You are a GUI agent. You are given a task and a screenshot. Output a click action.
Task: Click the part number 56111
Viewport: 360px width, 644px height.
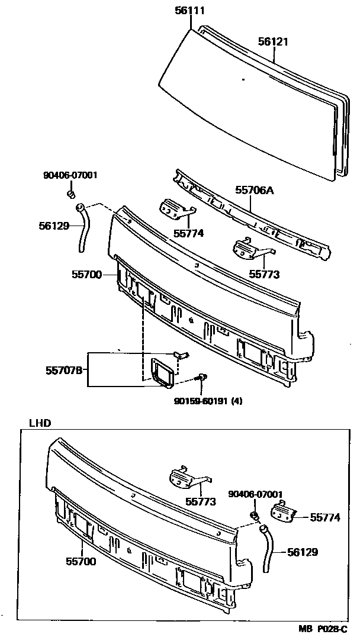[x=191, y=10]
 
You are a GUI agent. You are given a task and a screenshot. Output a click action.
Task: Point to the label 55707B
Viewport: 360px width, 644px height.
[x=63, y=371]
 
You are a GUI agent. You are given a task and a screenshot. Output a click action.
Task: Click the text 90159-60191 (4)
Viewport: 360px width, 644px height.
[x=208, y=401]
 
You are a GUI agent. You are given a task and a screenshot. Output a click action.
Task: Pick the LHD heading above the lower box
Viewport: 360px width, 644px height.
[x=40, y=423]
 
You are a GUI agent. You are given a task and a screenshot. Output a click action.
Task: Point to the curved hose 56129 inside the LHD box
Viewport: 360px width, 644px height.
[x=269, y=548]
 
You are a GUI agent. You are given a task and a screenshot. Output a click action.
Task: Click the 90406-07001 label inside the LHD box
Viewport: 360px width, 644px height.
[x=255, y=494]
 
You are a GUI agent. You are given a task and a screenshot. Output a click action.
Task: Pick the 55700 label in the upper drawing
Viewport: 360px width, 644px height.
[x=86, y=275]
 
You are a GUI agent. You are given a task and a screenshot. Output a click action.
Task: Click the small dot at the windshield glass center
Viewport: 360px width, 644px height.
[x=244, y=79]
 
